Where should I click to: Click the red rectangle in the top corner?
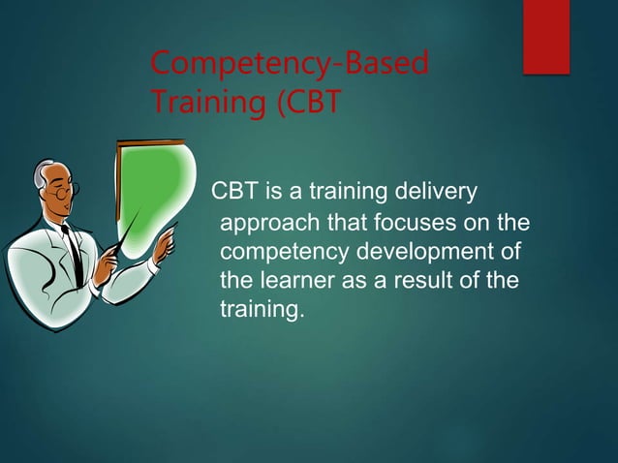point(546,37)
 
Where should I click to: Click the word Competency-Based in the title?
point(290,67)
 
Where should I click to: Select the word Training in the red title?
point(198,102)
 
